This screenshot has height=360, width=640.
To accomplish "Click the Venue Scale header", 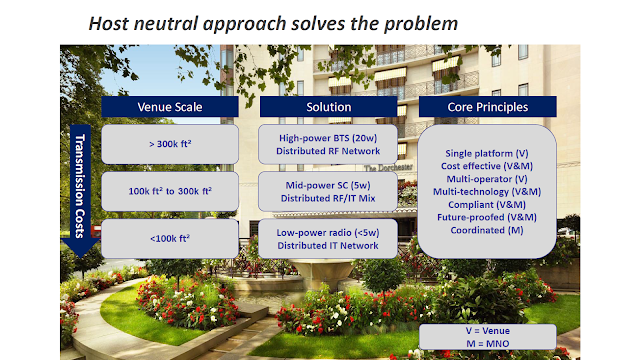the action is [170, 107].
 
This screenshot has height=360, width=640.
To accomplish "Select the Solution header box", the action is [329, 107].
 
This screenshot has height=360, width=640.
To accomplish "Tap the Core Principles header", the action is [488, 107].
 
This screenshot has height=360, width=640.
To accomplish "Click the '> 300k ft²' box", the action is [170, 144].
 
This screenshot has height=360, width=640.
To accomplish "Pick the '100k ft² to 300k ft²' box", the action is [170, 191].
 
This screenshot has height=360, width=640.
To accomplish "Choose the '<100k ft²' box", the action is [170, 238].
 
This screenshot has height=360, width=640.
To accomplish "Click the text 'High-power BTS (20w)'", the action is [328, 138].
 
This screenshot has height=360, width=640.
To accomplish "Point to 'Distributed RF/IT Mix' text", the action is [328, 198].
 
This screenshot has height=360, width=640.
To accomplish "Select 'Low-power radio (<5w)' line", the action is [328, 233].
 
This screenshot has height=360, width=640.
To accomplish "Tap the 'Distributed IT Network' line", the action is [328, 246].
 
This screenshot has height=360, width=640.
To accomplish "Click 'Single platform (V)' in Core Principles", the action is [487, 153].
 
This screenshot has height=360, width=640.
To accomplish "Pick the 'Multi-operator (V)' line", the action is [487, 179].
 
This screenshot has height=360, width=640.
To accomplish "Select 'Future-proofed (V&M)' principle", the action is [487, 218].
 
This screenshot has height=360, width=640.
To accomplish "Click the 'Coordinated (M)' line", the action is [487, 230].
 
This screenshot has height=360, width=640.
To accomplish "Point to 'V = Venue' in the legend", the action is [488, 331].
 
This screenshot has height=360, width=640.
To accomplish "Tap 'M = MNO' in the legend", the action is [488, 344].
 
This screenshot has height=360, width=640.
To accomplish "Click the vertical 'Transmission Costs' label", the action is [80, 186].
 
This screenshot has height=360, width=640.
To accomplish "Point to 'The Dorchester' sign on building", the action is [388, 168].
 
